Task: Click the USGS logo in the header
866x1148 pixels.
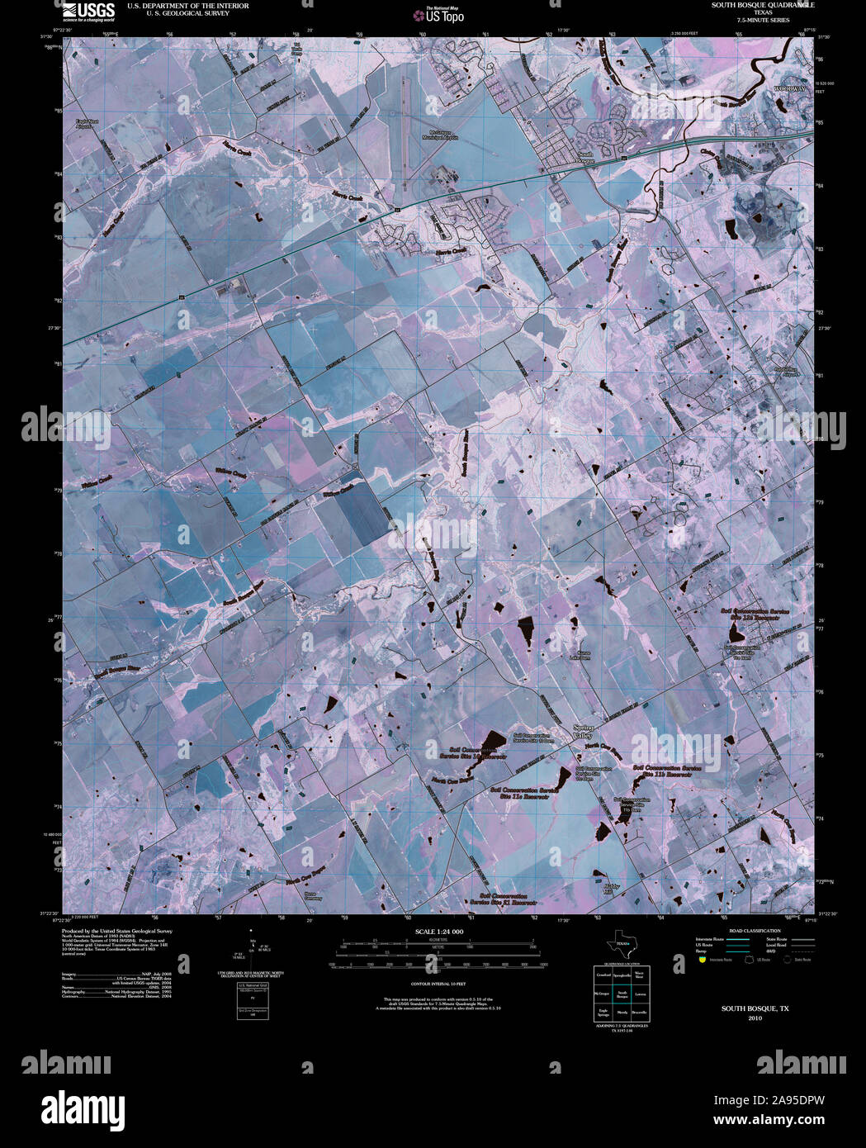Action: pyautogui.click(x=89, y=11)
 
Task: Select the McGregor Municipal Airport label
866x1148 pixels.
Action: pyautogui.click(x=443, y=135)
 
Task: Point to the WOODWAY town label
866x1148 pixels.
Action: pyautogui.click(x=789, y=88)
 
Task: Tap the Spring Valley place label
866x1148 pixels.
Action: pyautogui.click(x=583, y=731)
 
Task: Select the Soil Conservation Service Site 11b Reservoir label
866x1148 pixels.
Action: pyautogui.click(x=666, y=771)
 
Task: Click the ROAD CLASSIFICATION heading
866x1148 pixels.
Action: pyautogui.click(x=750, y=931)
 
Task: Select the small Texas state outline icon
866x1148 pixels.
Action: pyautogui.click(x=621, y=944)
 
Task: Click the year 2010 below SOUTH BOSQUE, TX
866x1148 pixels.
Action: pyautogui.click(x=755, y=1018)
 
